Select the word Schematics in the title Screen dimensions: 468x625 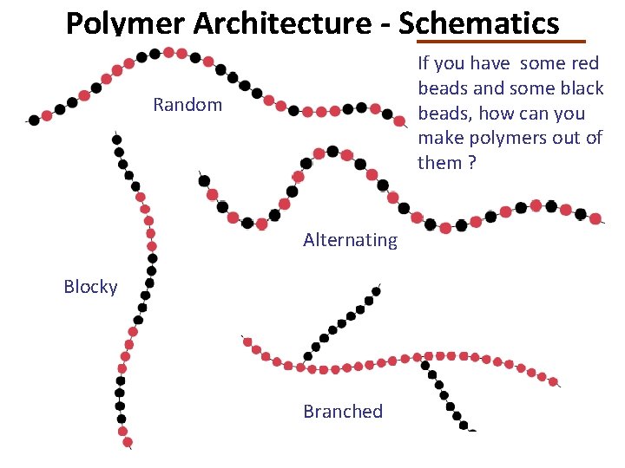coord(479,23)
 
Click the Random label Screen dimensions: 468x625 coord(187,105)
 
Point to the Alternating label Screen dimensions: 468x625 coord(350,240)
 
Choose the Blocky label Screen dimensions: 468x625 coord(90,287)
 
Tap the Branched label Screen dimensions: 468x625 coord(343,411)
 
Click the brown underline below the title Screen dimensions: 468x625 coord(501,41)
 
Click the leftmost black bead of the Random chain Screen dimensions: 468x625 coord(34,120)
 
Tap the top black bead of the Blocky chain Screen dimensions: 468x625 coord(116,140)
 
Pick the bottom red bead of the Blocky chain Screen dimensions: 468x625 coord(123,431)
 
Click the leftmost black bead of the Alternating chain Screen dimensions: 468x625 coord(204,181)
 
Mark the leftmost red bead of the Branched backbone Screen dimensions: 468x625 coord(247,341)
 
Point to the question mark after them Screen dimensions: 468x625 coord(472,163)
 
